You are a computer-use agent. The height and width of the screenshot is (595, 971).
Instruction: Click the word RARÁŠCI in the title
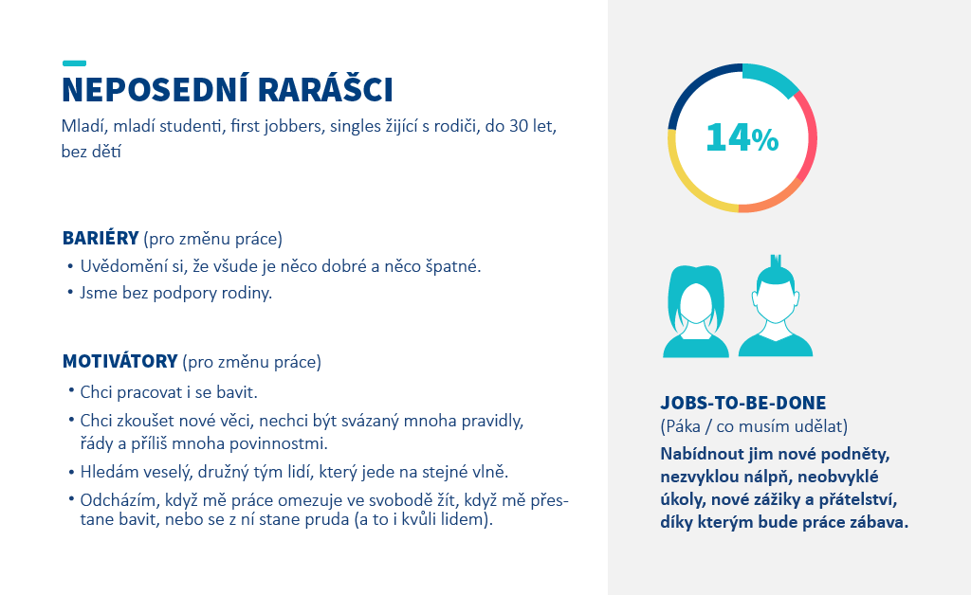click(x=325, y=90)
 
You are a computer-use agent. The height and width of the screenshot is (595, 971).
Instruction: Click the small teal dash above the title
click(x=74, y=63)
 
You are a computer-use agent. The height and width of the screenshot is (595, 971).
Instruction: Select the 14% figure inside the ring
click(x=742, y=137)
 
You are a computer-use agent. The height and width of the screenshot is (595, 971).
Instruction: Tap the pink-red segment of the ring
click(x=810, y=136)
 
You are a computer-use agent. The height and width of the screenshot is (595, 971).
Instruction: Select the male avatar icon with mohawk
click(x=776, y=309)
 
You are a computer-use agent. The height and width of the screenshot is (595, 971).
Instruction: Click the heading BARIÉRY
click(x=101, y=238)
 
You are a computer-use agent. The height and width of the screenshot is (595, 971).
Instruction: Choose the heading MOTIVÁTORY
click(x=120, y=361)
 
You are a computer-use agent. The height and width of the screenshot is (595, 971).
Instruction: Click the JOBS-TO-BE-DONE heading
click(x=743, y=404)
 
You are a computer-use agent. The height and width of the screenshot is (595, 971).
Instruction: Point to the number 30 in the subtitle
click(x=519, y=126)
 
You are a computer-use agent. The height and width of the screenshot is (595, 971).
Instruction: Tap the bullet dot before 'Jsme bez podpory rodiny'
click(x=70, y=292)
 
